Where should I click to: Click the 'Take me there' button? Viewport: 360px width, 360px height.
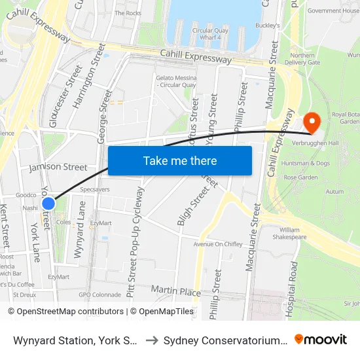click(x=179, y=160)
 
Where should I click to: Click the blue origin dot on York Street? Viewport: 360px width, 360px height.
click(x=48, y=204)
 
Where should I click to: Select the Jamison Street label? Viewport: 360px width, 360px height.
click(x=58, y=168)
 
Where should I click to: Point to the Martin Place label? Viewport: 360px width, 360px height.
click(x=175, y=289)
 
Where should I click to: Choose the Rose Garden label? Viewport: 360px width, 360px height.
click(x=300, y=177)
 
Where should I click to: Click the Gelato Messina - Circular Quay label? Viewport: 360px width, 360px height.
click(x=176, y=81)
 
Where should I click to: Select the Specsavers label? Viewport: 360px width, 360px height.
click(x=94, y=189)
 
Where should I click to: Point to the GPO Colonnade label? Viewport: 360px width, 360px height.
click(x=99, y=295)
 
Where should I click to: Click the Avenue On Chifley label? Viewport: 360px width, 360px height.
click(x=218, y=244)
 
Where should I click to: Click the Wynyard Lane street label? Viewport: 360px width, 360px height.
click(x=81, y=230)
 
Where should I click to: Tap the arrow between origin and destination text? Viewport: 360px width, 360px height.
click(x=151, y=340)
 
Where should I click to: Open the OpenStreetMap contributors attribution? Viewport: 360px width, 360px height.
click(x=65, y=312)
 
